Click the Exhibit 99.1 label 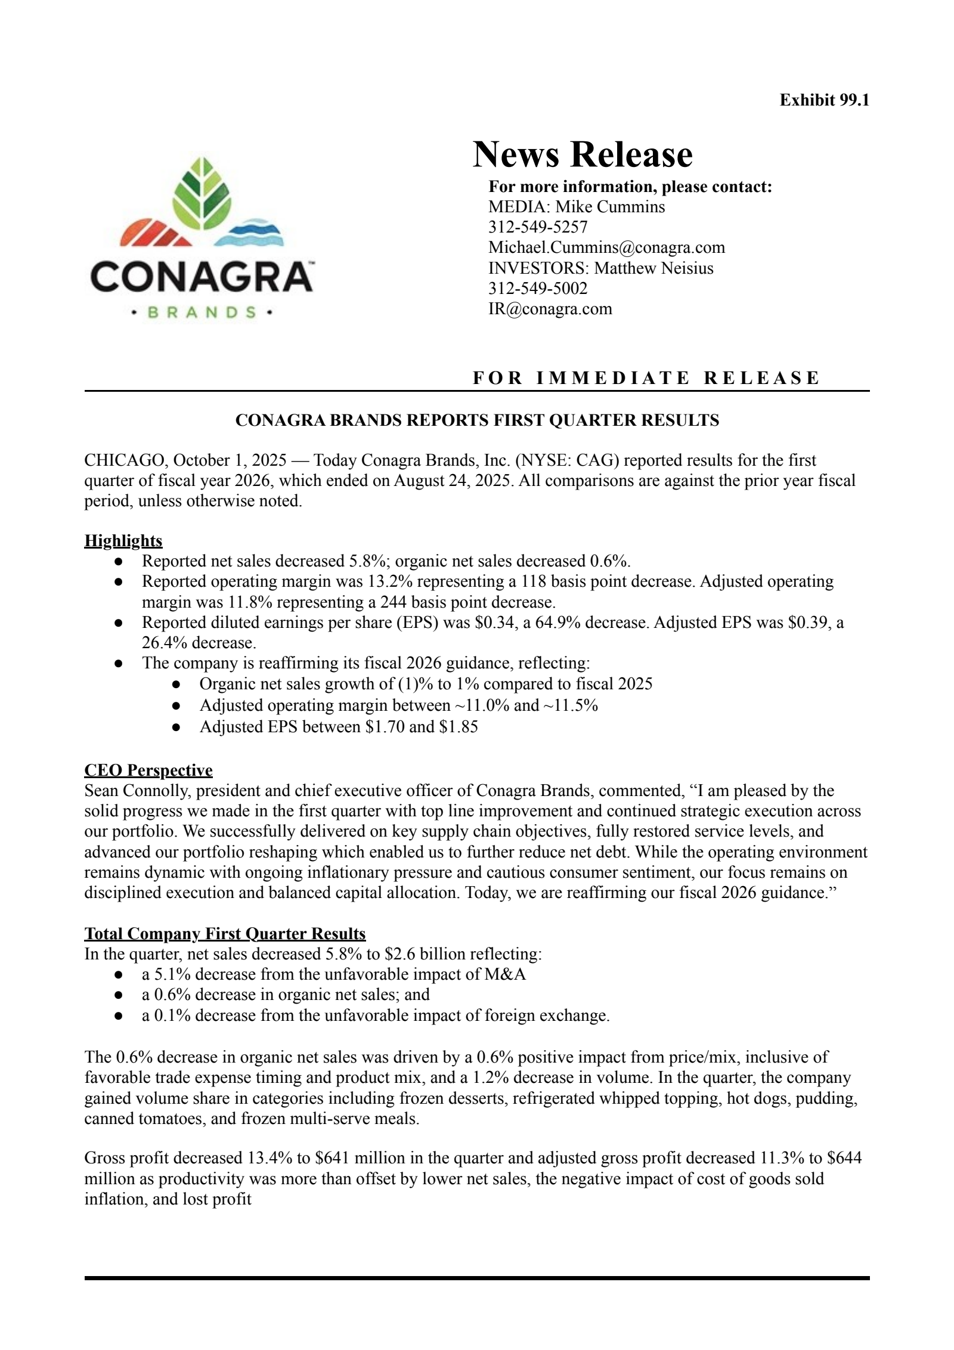824,100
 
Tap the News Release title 583,154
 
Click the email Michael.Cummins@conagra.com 606,247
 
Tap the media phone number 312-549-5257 538,227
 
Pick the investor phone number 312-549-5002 538,289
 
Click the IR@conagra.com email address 550,309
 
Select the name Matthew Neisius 653,268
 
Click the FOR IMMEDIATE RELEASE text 646,378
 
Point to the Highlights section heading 123,541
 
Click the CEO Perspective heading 148,770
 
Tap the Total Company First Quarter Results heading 225,934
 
